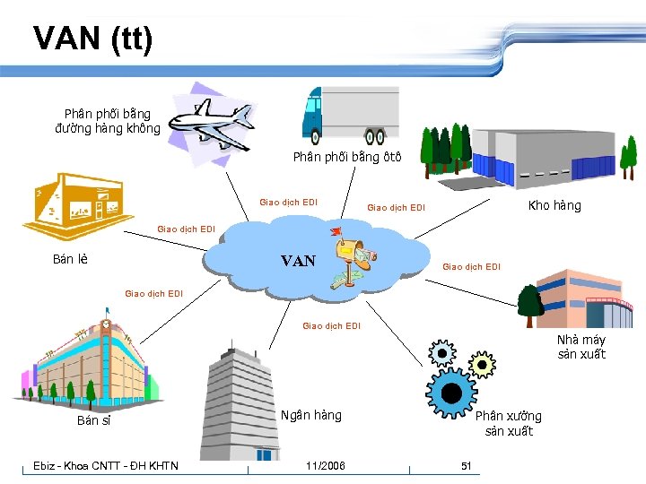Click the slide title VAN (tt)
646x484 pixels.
click(93, 39)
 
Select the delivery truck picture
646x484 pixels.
click(350, 114)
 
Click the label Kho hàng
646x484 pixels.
click(554, 205)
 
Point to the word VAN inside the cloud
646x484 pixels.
click(298, 261)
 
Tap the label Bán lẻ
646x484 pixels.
click(70, 260)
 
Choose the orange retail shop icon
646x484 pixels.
click(76, 210)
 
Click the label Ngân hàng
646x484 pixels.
click(310, 415)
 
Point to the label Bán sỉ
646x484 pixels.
click(93, 419)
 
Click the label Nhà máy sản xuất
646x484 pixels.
click(581, 347)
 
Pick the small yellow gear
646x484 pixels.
click(482, 364)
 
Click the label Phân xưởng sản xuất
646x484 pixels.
click(509, 423)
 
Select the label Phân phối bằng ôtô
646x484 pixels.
click(347, 157)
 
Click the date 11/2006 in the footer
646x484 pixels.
click(325, 465)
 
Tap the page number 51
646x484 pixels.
click(466, 465)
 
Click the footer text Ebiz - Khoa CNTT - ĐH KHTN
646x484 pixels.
click(106, 465)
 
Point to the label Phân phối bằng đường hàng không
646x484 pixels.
click(108, 121)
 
